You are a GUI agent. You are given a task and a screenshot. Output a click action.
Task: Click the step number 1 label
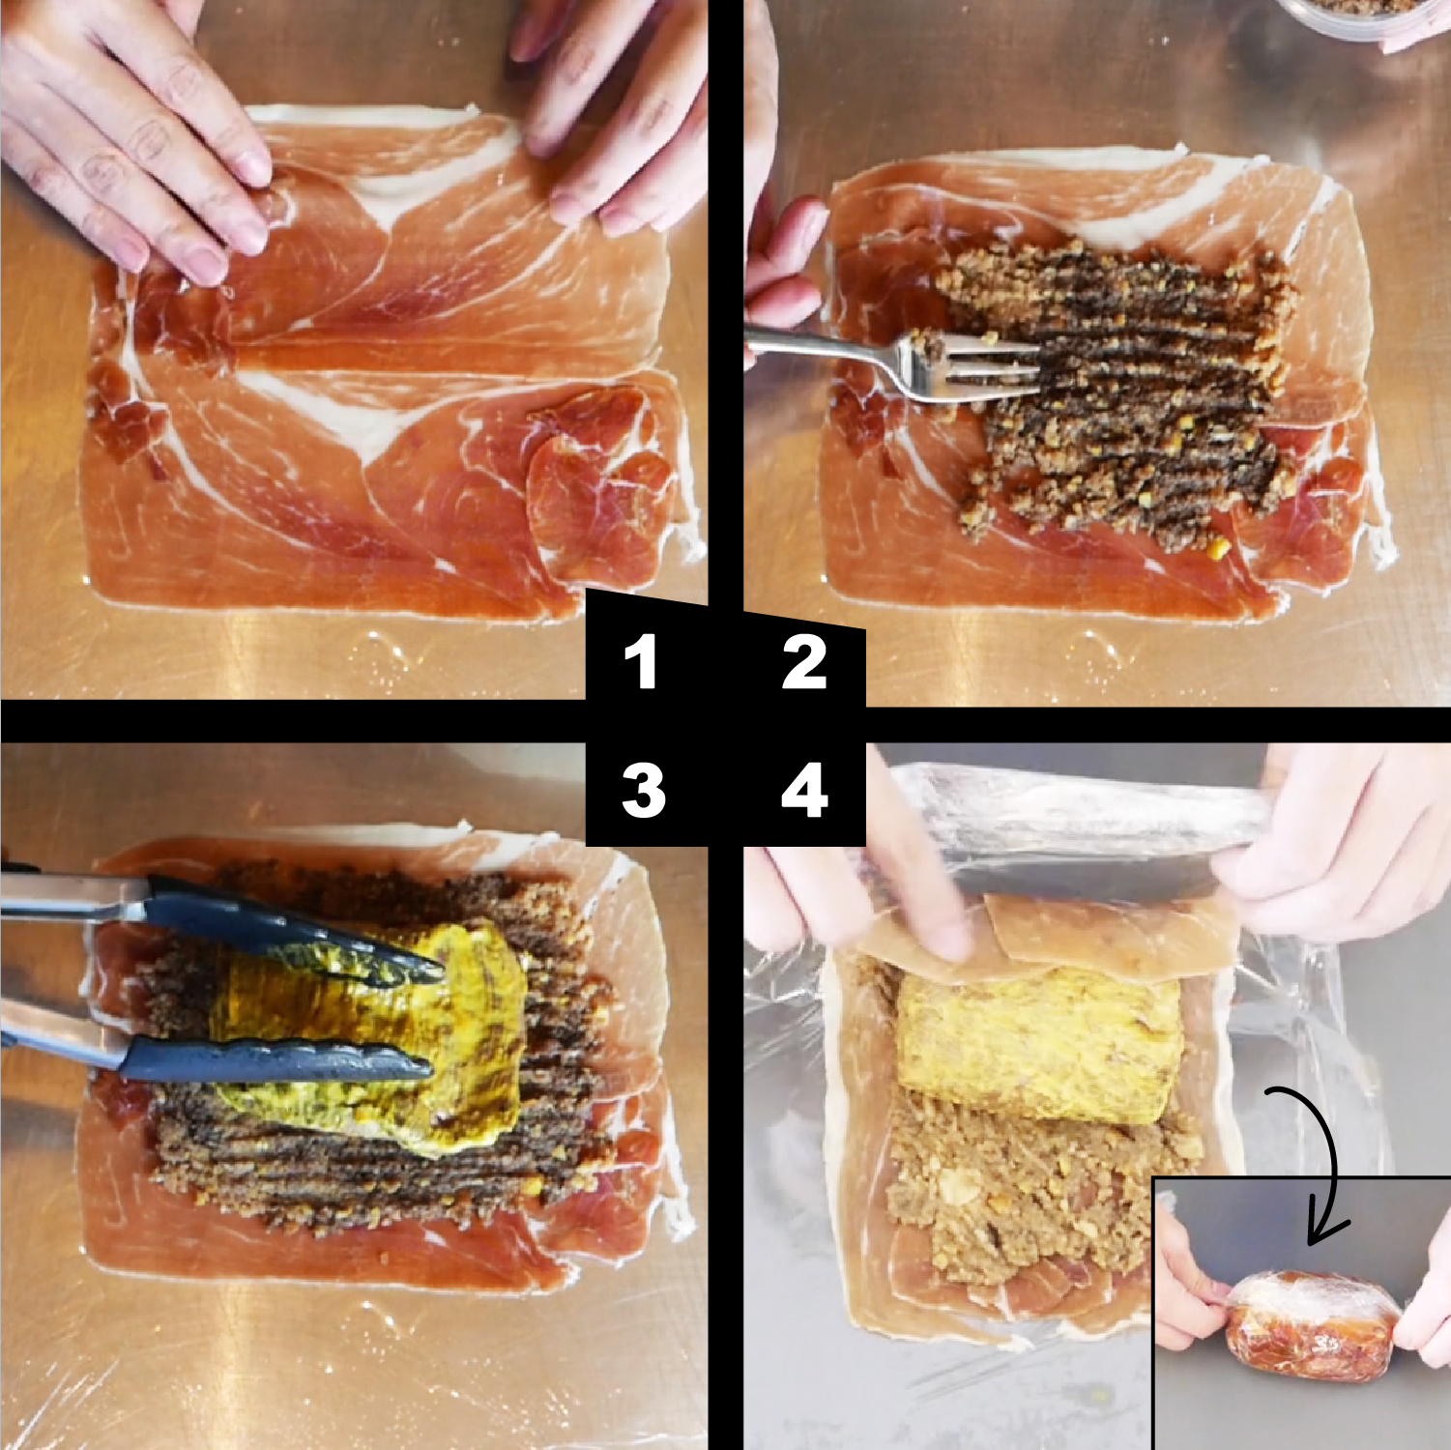coord(641,662)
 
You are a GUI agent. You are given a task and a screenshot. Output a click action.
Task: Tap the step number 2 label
coord(804,662)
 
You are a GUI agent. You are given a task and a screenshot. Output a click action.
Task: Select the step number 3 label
coord(643,790)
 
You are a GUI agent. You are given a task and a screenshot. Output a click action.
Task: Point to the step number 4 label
coord(804,790)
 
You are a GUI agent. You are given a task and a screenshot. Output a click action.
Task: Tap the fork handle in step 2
coord(822,348)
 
